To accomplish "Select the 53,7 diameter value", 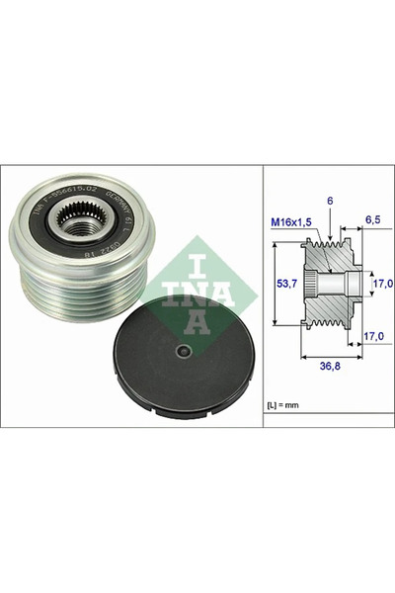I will (285, 283).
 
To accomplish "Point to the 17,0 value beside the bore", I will (381, 284).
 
